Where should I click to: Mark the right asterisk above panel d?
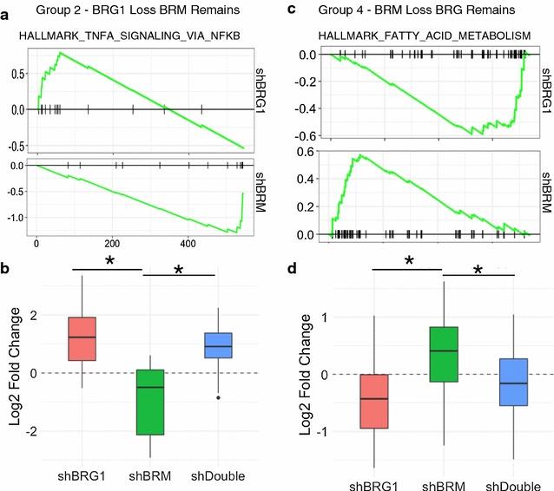476,270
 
